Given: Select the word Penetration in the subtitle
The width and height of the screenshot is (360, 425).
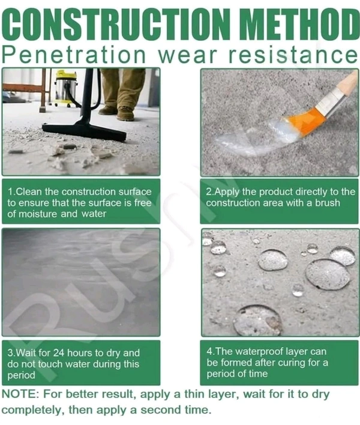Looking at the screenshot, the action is pyautogui.click(x=74, y=55).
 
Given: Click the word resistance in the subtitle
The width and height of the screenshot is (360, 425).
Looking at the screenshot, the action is pyautogui.click(x=293, y=55).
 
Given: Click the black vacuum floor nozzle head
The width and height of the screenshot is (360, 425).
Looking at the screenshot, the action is pyautogui.click(x=84, y=131).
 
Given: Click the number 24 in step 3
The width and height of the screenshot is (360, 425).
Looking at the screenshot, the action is pyautogui.click(x=59, y=352).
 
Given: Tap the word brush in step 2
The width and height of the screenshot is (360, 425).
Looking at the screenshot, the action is pyautogui.click(x=327, y=203).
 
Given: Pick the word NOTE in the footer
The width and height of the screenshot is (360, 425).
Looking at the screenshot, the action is pyautogui.click(x=19, y=394).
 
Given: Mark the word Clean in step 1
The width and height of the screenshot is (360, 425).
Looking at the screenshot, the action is pyautogui.click(x=29, y=191).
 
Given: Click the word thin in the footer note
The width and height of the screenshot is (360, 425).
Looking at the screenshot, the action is pyautogui.click(x=194, y=394).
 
